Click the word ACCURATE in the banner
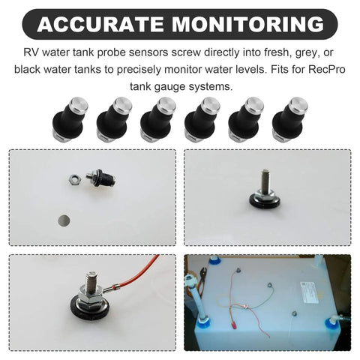[101, 24]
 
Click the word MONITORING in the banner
[248, 24]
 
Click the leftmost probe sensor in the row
[70, 119]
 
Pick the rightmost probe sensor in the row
[290, 119]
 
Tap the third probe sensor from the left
[158, 119]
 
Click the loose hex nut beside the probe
[75, 179]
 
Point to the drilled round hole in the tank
[64, 220]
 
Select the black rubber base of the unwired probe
[265, 202]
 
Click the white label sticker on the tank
[310, 292]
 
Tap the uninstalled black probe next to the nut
[101, 178]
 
